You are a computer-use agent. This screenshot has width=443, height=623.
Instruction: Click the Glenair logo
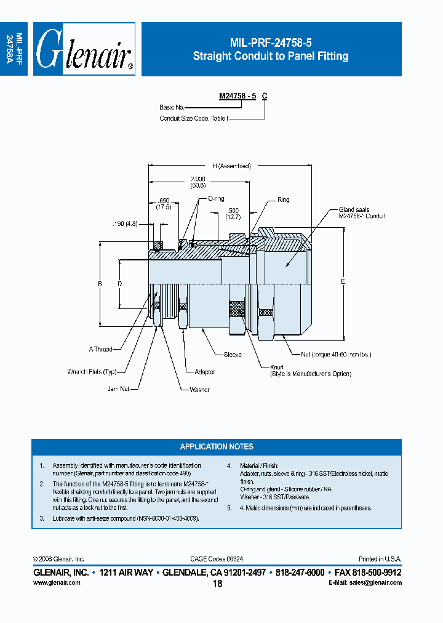[x=84, y=50]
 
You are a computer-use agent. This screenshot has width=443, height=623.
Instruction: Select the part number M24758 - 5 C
[x=243, y=96]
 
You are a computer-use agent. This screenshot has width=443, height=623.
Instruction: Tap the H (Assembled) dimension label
[x=232, y=166]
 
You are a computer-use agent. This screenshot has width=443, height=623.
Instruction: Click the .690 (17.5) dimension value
[x=163, y=204]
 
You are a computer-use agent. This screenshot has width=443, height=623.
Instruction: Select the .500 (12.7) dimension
[x=232, y=213]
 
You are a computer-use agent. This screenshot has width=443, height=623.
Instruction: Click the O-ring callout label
[x=216, y=199]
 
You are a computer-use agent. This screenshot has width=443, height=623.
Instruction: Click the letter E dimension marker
[x=343, y=282]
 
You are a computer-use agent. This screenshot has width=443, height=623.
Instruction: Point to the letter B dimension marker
[x=99, y=284]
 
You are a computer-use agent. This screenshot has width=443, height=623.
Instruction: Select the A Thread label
[x=100, y=349]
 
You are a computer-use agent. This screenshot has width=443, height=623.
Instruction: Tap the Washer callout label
[x=199, y=390]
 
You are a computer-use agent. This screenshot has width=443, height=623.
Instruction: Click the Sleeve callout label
[x=233, y=355]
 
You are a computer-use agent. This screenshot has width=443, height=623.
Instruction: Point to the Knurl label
[x=278, y=366]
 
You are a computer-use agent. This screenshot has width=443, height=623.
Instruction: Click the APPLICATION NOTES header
[x=217, y=446]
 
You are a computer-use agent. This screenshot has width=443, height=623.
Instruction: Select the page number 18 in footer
[x=217, y=584]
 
